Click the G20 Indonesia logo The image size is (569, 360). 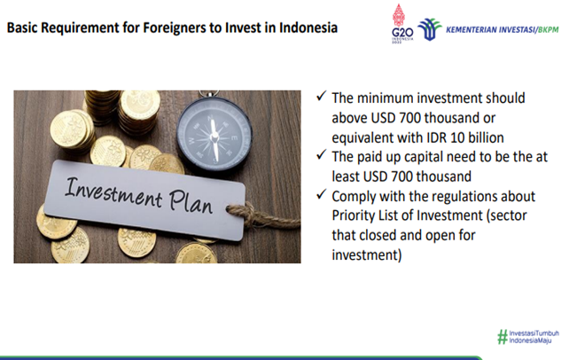[x=401, y=24]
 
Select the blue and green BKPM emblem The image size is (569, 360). [x=430, y=29]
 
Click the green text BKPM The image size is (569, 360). [x=549, y=30]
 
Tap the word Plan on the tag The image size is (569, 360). [x=191, y=202]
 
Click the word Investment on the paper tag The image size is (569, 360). [x=113, y=192]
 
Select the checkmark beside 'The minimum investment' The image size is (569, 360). [x=322, y=96]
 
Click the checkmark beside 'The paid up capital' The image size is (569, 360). [x=322, y=155]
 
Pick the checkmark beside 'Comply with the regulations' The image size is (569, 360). [x=322, y=194]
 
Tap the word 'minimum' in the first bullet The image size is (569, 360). [x=385, y=98]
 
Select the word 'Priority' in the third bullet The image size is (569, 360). [x=354, y=216]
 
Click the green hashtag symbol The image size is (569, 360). [x=503, y=336]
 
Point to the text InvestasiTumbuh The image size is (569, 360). [x=534, y=333]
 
